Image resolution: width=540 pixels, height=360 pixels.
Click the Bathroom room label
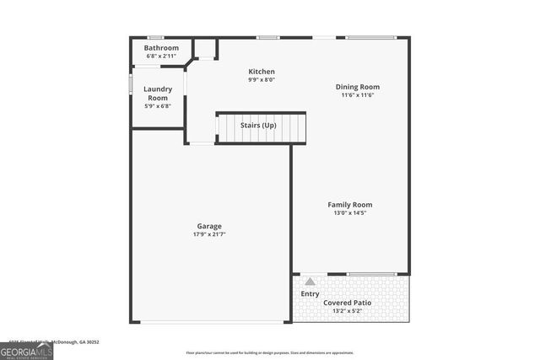pyautogui.click(x=161, y=48)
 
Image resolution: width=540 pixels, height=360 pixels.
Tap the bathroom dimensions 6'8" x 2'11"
pyautogui.click(x=161, y=56)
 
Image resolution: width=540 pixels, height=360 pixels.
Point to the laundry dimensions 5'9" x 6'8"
pyautogui.click(x=158, y=106)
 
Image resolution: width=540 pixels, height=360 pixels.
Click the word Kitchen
pyautogui.click(x=262, y=72)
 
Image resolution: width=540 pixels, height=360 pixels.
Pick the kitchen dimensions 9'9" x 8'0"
pyautogui.click(x=262, y=80)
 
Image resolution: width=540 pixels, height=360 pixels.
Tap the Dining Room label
pyautogui.click(x=358, y=87)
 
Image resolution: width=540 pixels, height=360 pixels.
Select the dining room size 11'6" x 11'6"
pyautogui.click(x=358, y=95)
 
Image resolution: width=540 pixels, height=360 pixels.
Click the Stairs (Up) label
pyautogui.click(x=258, y=126)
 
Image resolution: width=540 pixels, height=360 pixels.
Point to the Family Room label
pyautogui.click(x=350, y=205)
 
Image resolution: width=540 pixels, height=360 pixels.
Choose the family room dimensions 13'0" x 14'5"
pyautogui.click(x=350, y=213)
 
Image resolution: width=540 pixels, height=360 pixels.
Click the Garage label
pyautogui.click(x=209, y=226)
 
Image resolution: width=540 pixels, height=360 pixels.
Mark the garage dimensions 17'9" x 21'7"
pyautogui.click(x=209, y=234)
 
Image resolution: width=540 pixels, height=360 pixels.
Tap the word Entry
pyautogui.click(x=310, y=294)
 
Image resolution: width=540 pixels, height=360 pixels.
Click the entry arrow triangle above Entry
pyautogui.click(x=310, y=282)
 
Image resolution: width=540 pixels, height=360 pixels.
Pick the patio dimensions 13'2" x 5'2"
pyautogui.click(x=348, y=310)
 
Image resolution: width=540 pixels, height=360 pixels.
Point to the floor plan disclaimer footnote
pyautogui.click(x=269, y=352)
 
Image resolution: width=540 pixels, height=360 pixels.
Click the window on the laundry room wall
pyautogui.click(x=130, y=85)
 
